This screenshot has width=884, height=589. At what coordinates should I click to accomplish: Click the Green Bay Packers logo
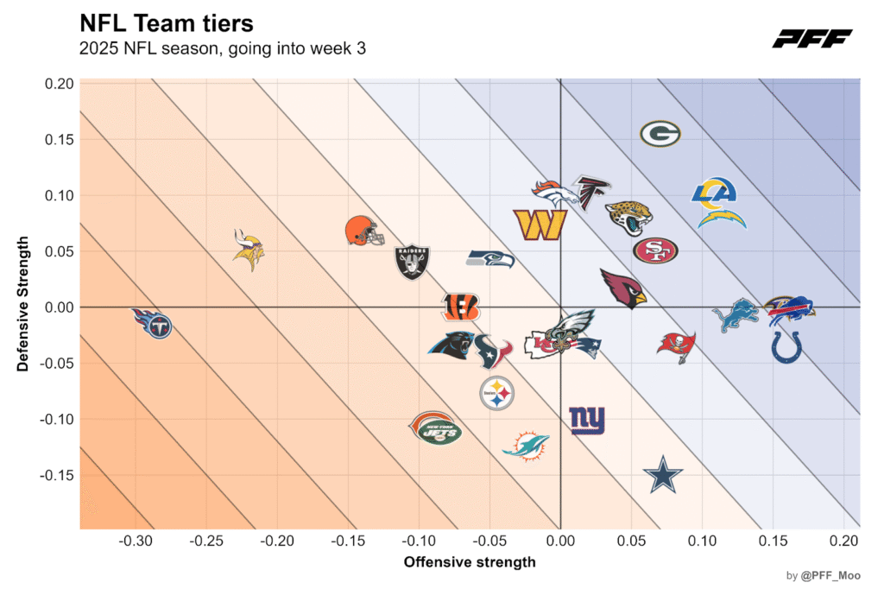660,134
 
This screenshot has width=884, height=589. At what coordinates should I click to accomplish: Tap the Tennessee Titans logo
154,324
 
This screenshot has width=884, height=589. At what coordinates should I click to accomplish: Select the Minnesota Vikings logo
249,250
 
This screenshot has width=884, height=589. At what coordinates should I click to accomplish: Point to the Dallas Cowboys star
663,474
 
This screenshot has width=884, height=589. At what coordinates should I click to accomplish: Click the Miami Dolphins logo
526,446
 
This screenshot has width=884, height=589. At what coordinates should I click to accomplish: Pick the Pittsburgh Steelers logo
496,393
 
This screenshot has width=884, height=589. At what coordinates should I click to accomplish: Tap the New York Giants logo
587,421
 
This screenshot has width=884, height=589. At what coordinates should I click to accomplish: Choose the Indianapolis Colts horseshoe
786,346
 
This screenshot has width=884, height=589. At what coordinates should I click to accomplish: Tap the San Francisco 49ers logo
655,250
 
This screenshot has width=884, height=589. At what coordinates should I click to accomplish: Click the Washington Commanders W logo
540,225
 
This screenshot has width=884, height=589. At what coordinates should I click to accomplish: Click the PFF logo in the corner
811,38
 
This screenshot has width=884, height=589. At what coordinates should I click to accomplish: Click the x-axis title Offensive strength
470,562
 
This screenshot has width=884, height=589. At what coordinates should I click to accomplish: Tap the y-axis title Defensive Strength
23,304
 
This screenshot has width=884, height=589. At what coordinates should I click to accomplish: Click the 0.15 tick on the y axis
59,139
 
